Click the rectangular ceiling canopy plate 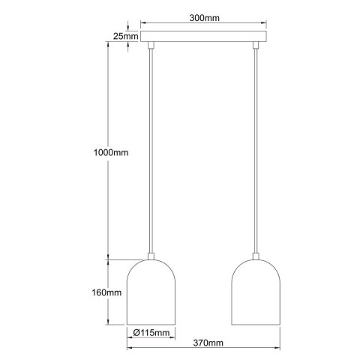204,36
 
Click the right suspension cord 256,150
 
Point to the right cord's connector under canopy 256,46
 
